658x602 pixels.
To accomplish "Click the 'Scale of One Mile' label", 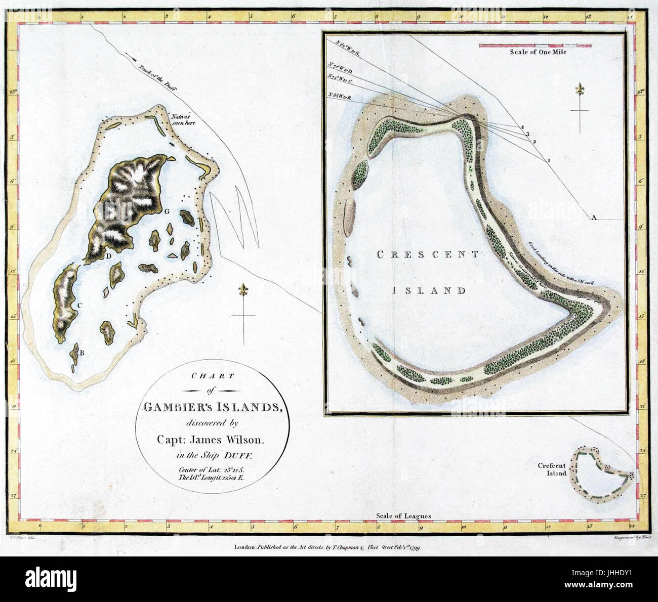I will [x=538, y=52].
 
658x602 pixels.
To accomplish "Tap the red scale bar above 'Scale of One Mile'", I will [x=535, y=46].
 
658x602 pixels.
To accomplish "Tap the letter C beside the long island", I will [x=79, y=305].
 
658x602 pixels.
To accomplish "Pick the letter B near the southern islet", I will [x=81, y=353].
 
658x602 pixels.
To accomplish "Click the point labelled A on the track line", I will [x=594, y=218].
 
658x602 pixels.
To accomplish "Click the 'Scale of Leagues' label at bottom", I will [x=403, y=516].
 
